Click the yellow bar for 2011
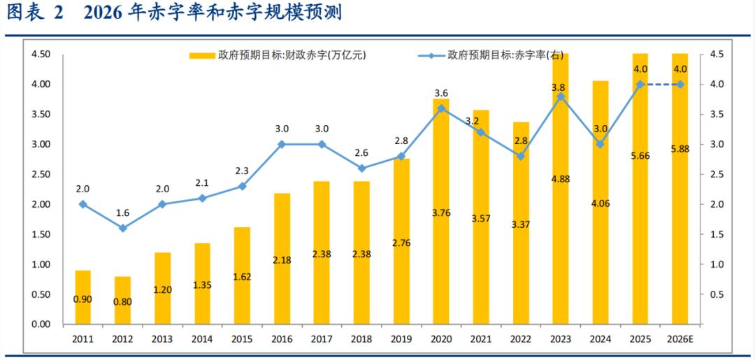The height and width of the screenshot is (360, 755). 83,297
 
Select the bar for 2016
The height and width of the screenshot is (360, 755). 282,259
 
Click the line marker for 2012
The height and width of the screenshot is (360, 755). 123,228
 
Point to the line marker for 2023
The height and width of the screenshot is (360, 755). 560,96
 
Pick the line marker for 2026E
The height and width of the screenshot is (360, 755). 679,84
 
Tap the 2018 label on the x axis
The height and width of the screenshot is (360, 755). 361,339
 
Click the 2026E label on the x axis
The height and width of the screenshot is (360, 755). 679,339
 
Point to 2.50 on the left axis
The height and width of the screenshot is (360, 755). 41,174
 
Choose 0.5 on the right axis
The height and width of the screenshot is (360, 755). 717,294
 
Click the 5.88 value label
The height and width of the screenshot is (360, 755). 679,156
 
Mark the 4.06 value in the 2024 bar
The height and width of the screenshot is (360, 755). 600,205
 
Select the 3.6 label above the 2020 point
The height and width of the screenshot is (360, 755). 440,93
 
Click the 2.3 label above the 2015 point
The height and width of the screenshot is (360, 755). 242,171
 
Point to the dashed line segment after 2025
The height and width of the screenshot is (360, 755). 659,84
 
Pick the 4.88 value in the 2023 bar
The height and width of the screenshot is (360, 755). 560,179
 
